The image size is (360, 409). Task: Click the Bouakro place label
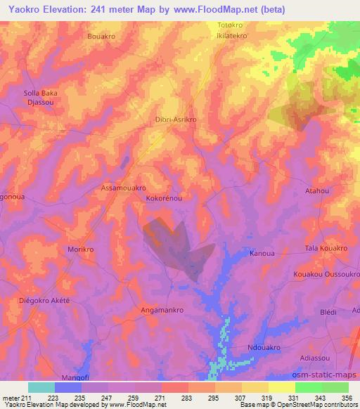point(100,35)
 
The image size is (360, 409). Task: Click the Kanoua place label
point(262,253)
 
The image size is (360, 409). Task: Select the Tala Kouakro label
point(326,249)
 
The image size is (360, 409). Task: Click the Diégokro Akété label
point(46,300)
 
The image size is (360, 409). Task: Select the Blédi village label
point(328,311)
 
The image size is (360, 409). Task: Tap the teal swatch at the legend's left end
point(41,387)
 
